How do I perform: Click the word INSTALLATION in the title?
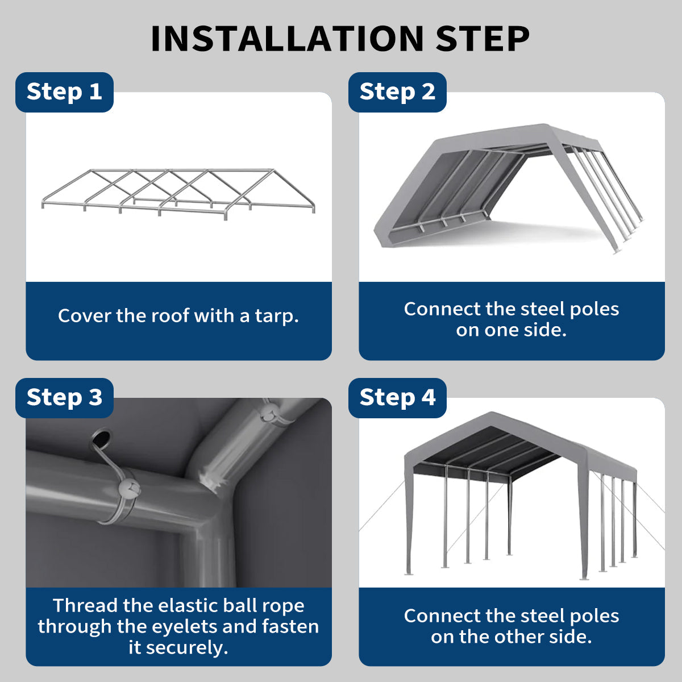click(287, 39)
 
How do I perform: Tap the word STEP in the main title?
click(483, 39)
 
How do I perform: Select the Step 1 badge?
click(64, 92)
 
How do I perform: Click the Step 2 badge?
click(397, 92)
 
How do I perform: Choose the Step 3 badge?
click(64, 398)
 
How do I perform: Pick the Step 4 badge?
click(397, 398)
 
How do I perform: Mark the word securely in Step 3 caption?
click(186, 648)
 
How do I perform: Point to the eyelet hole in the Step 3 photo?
click(101, 439)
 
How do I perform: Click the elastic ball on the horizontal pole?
click(128, 490)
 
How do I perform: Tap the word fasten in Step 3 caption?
click(290, 626)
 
